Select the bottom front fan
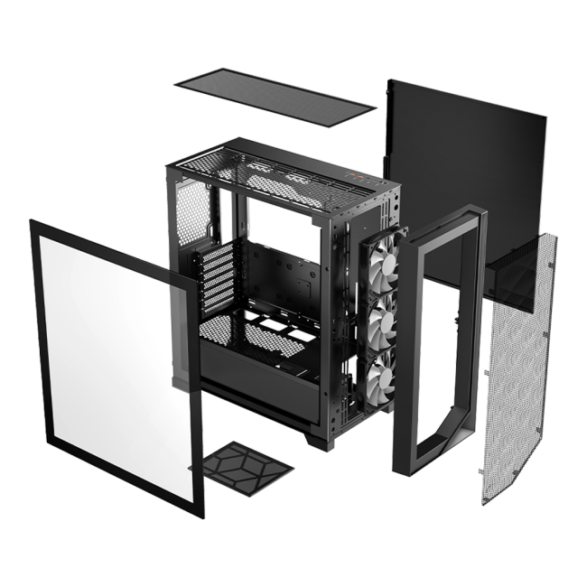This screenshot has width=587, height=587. (x=378, y=370)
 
